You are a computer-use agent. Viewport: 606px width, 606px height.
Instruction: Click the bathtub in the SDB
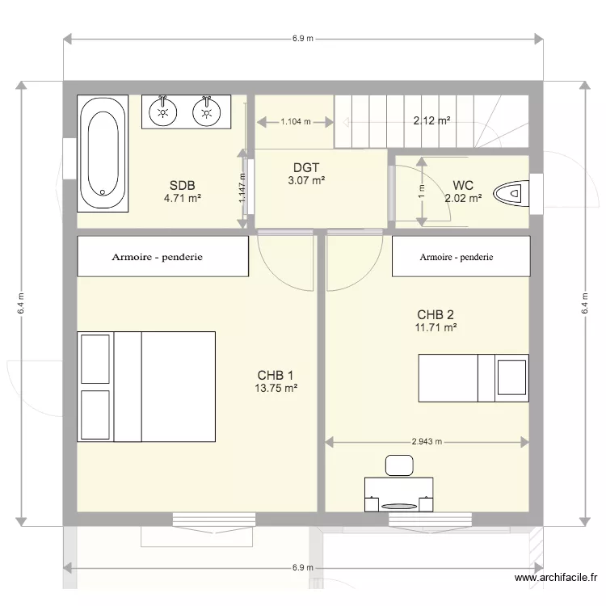click(102, 154)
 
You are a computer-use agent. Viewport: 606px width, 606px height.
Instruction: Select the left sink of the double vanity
click(165, 112)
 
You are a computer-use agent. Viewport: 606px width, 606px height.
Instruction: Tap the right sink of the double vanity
click(208, 112)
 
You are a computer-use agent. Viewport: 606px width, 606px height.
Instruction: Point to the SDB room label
click(183, 183)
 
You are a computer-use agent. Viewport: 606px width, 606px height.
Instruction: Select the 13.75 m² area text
click(276, 388)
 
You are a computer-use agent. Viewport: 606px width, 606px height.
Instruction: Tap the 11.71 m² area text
click(436, 327)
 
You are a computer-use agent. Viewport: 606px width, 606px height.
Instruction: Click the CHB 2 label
click(436, 314)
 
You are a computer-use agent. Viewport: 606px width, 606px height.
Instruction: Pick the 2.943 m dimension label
click(427, 442)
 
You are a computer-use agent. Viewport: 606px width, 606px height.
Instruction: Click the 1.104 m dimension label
click(295, 122)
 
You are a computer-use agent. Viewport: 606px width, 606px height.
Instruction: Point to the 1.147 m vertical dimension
click(242, 191)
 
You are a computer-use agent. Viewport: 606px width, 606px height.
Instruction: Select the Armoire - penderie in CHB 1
click(162, 257)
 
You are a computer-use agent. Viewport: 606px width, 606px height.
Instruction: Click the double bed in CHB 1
click(146, 386)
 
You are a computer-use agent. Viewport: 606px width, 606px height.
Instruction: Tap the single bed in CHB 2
click(473, 377)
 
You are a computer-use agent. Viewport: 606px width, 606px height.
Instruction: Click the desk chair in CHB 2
click(398, 465)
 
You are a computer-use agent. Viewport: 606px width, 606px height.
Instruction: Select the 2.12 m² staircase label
click(431, 121)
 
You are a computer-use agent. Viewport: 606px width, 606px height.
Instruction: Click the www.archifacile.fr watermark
click(555, 578)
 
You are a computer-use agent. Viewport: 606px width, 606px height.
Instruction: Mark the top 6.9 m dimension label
click(303, 39)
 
